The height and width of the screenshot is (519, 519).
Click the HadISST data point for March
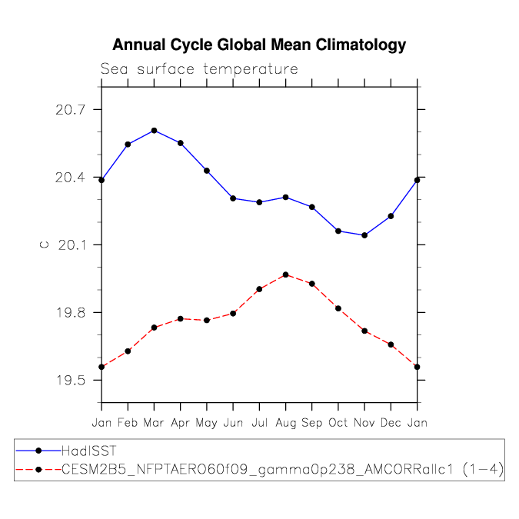pos(155,131)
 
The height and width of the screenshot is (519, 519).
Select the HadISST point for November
pos(364,235)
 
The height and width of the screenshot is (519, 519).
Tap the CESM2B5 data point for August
pos(286,274)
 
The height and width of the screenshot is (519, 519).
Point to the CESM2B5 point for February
pos(128,351)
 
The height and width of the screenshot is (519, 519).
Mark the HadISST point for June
pos(233,198)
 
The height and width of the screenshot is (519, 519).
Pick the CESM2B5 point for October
pos(338,308)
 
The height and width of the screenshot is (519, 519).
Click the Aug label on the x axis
pos(286,423)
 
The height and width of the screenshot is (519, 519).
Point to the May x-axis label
pos(207,423)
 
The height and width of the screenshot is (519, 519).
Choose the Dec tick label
pos(391,423)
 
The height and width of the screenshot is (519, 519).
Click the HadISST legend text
pos(88,451)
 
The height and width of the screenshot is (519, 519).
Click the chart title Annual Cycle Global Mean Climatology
pos(259,45)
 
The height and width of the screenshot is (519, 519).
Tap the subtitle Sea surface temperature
pos(199,69)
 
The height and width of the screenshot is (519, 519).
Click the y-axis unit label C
pos(44,245)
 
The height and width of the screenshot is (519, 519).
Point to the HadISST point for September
pos(312,207)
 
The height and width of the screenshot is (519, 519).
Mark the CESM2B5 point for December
pos(391,344)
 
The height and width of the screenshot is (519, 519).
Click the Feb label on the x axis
pos(128,423)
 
